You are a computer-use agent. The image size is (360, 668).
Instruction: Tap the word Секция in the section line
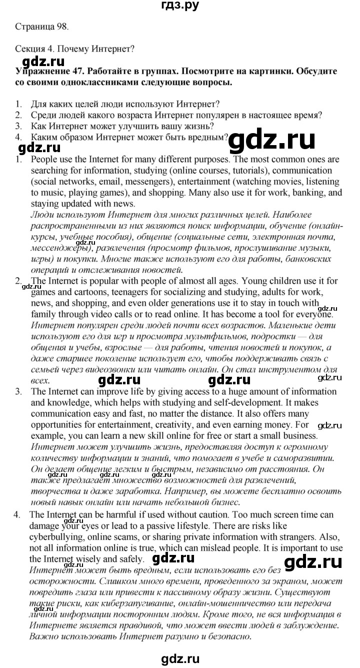[25, 49]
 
